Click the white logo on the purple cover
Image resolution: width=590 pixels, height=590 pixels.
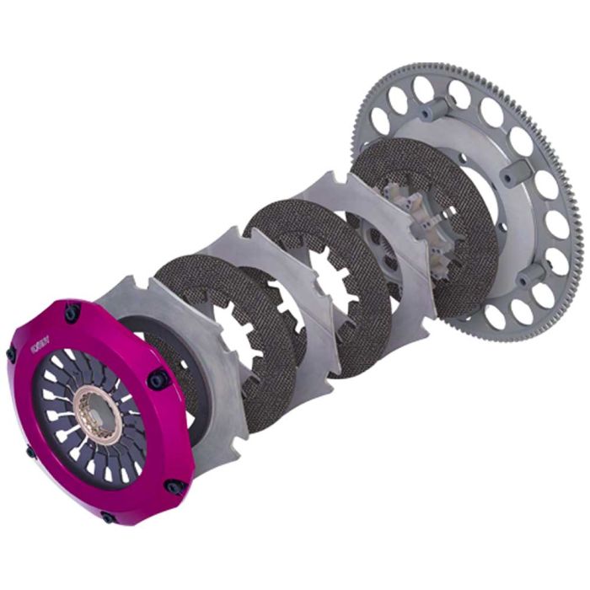(x=40, y=344)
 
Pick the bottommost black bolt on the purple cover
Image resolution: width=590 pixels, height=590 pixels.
(x=107, y=517)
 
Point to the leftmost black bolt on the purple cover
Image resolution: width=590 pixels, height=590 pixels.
(x=11, y=353)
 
